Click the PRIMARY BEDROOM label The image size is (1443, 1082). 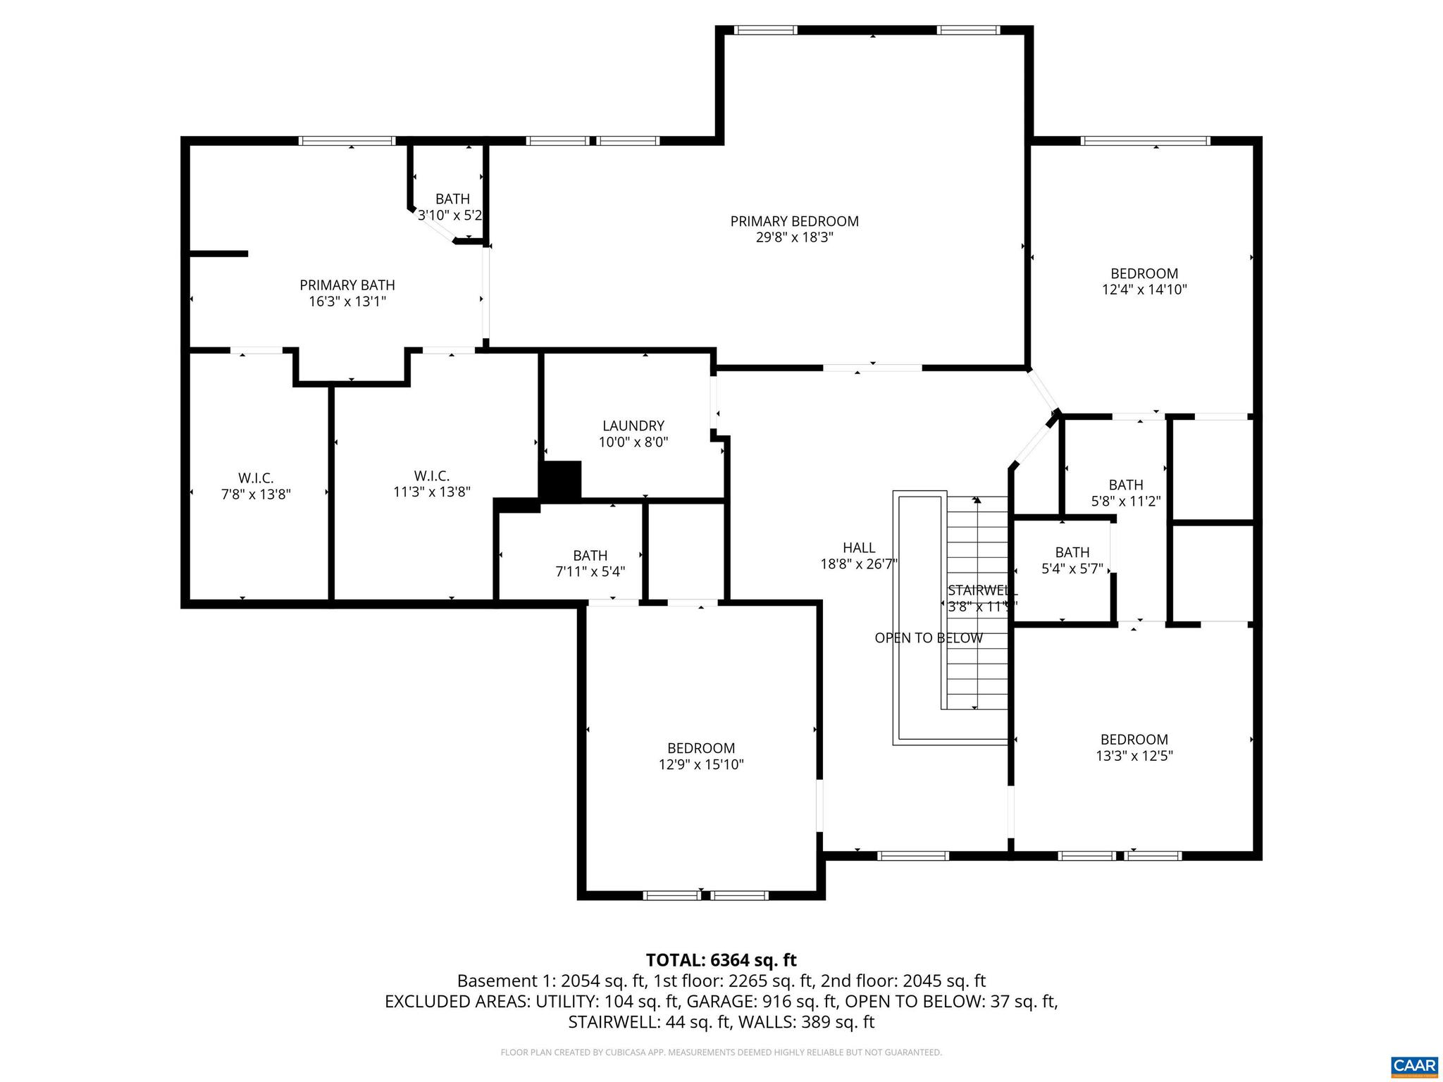click(794, 221)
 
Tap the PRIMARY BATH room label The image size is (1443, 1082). click(347, 285)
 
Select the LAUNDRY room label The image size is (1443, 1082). click(633, 425)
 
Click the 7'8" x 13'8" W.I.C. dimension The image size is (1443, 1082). click(256, 495)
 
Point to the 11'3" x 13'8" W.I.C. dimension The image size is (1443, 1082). click(431, 492)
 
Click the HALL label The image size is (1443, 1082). click(858, 547)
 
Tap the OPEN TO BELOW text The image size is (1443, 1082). click(928, 638)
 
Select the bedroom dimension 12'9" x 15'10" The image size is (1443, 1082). click(701, 764)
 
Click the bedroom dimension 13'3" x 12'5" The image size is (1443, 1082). click(1134, 756)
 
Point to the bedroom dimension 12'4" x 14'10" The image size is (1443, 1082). click(1144, 290)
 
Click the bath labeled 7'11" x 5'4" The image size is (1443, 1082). click(590, 572)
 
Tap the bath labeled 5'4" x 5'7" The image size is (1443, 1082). click(1072, 569)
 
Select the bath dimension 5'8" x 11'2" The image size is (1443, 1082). click(1125, 502)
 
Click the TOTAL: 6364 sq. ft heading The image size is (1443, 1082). click(721, 960)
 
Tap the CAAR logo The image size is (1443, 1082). click(1414, 1064)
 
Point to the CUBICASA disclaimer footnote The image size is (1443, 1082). click(721, 1052)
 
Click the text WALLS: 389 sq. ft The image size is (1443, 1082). click(801, 1022)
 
